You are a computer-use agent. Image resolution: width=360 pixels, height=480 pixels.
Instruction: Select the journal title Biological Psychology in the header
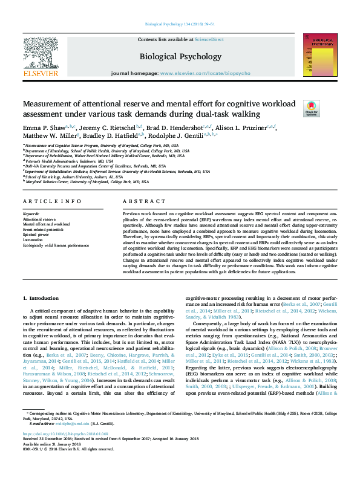click(180, 57)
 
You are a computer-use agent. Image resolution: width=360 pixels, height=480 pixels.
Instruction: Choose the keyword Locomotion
click(33, 240)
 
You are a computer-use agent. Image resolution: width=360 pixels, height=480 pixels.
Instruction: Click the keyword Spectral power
click(36, 235)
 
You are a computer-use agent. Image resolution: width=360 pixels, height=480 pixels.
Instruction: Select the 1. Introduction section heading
click(41, 299)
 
